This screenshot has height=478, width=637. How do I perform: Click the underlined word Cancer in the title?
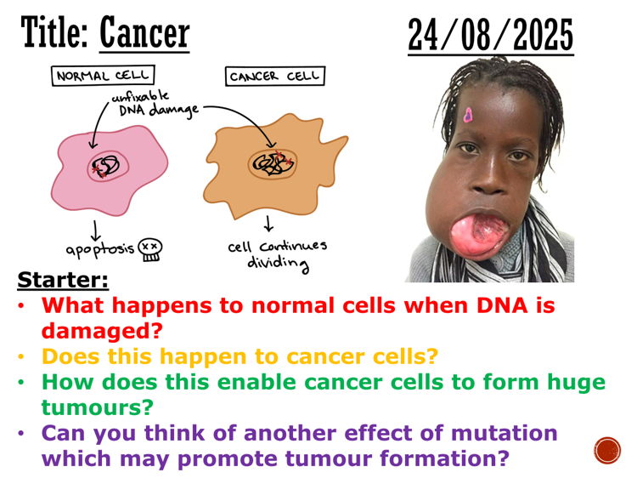(x=144, y=33)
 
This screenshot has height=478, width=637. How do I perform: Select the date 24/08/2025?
(x=490, y=35)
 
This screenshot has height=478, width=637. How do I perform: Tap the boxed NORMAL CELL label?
(x=92, y=77)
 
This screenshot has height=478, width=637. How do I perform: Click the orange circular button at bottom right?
(x=607, y=450)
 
